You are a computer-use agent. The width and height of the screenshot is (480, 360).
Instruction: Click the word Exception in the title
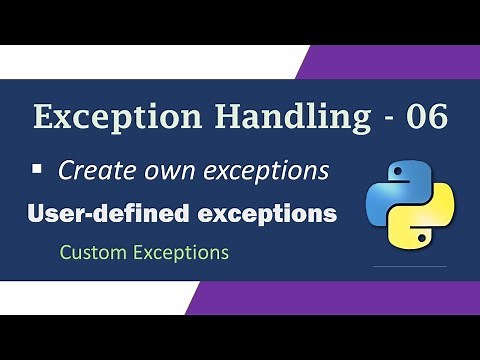pyautogui.click(x=100, y=117)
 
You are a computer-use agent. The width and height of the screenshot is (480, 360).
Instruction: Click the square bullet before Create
pyautogui.click(x=37, y=170)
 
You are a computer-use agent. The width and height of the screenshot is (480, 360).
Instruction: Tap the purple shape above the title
pyautogui.click(x=400, y=61)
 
